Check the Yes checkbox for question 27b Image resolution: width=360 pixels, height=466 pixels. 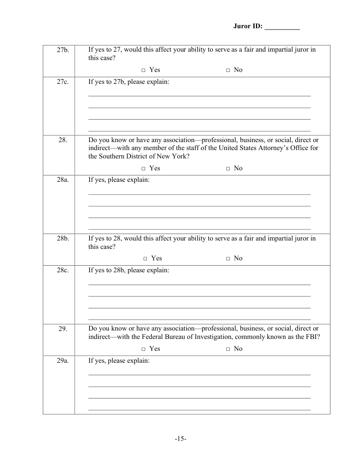coord(144,70)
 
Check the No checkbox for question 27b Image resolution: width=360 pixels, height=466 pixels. coord(228,70)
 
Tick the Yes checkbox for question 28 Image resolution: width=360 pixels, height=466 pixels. coord(144,169)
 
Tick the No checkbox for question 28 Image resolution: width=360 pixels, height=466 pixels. coord(228,169)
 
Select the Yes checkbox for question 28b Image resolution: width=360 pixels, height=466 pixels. coord(146,259)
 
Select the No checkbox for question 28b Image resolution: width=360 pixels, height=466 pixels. coord(228,259)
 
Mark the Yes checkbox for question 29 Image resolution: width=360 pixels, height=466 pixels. coord(144,349)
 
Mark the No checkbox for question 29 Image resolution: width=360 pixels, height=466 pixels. coord(228,349)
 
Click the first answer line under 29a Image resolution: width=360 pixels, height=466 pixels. coord(199,375)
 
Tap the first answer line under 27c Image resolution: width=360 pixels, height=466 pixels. coord(199,96)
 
